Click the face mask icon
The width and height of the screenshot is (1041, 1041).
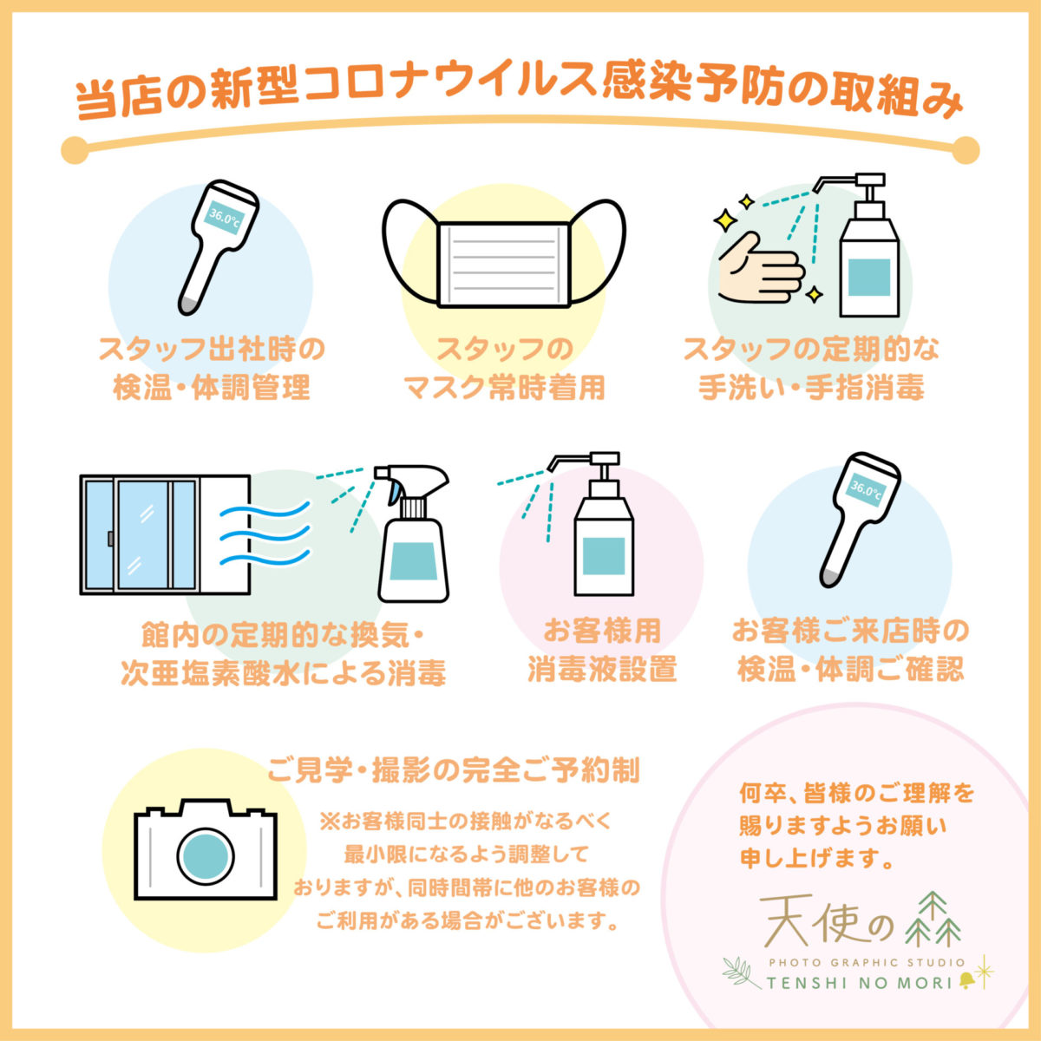coord(503,253)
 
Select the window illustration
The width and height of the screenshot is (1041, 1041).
coord(165,535)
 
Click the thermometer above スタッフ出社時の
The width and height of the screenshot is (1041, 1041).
coord(219,247)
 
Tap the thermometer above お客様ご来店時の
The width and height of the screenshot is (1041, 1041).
coord(860,520)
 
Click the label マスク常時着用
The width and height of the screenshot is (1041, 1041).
coord(505,388)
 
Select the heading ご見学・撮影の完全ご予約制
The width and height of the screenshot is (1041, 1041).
coord(454,770)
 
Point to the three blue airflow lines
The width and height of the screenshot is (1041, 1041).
coord(265,534)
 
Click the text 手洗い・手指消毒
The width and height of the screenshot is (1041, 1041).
coord(811,388)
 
